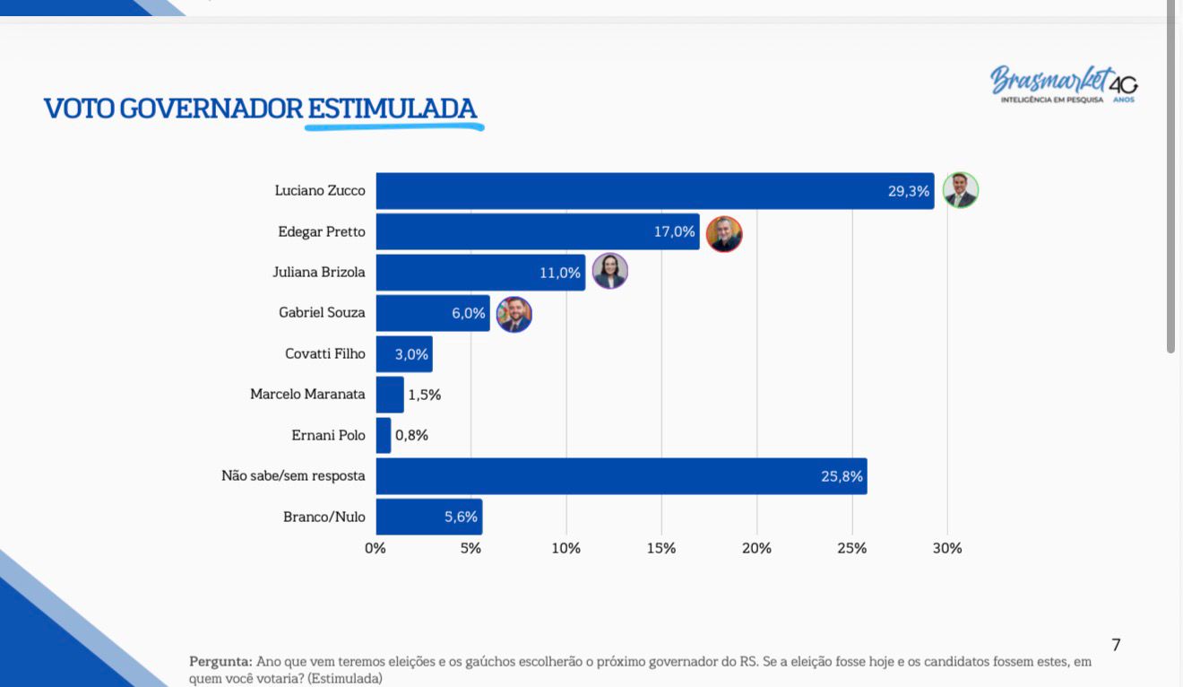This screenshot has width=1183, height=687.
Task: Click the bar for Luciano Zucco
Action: tap(654, 191)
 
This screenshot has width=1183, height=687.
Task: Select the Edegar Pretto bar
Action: tap(538, 231)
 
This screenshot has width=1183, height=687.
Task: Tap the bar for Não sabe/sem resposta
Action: tap(621, 476)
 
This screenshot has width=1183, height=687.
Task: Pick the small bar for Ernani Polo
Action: tap(384, 435)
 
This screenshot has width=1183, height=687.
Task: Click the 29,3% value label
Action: tap(908, 191)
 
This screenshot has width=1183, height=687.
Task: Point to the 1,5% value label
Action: tap(424, 395)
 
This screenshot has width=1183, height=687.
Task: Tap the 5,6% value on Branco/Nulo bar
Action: tap(461, 517)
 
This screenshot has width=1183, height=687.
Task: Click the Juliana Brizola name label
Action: tap(319, 273)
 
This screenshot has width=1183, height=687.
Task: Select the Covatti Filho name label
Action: tap(325, 353)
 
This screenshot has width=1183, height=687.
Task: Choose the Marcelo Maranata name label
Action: tap(307, 395)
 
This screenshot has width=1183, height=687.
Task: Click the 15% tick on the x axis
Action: tap(661, 548)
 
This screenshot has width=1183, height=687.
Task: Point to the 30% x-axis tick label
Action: tap(947, 548)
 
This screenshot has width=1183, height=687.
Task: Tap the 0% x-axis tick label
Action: tap(376, 548)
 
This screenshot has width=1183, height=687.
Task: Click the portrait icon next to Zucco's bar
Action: tap(961, 190)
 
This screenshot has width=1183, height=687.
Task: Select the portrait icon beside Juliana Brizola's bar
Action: tap(610, 272)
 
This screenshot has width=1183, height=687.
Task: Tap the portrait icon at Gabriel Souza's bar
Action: tap(514, 314)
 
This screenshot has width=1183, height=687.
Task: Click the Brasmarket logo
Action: tap(1064, 83)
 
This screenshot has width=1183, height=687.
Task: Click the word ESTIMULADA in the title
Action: tap(393, 109)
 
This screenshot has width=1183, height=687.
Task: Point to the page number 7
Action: tap(1116, 645)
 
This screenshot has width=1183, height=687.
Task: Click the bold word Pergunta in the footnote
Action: tap(220, 662)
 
